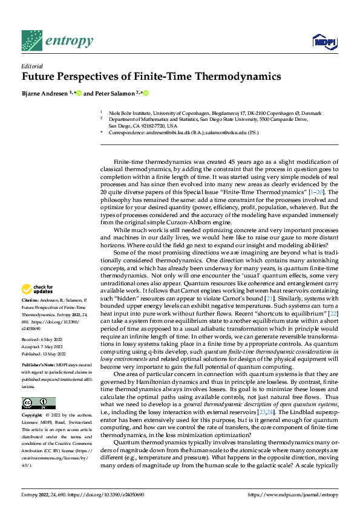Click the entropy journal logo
click(57, 41)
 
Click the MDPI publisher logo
click(322, 42)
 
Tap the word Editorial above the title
click(31, 66)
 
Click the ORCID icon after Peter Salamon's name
click(146, 92)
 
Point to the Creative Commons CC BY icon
click(39, 403)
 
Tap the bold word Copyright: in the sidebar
click(33, 416)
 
